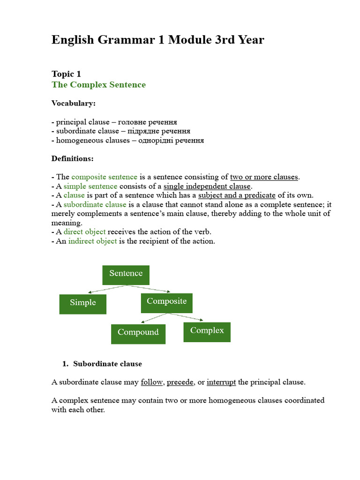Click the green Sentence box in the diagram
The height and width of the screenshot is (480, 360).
coord(126,275)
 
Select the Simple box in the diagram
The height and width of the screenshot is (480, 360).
coord(82,304)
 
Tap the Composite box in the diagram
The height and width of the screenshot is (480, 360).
coord(166,302)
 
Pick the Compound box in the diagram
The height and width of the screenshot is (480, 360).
coord(138,333)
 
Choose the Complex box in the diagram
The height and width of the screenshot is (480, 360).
coord(207,331)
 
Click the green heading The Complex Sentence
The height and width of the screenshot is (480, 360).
coord(98,85)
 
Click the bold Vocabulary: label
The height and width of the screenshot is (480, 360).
coord(73,103)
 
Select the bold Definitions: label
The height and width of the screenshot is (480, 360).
coord(72,158)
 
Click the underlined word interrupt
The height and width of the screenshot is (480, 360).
coord(221,382)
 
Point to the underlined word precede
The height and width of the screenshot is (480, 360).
coord(180,382)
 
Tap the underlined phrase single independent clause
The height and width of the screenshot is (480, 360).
coord(207,186)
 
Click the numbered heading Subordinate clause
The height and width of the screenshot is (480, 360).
coord(107,364)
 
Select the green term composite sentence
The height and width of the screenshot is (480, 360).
coord(104,177)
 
